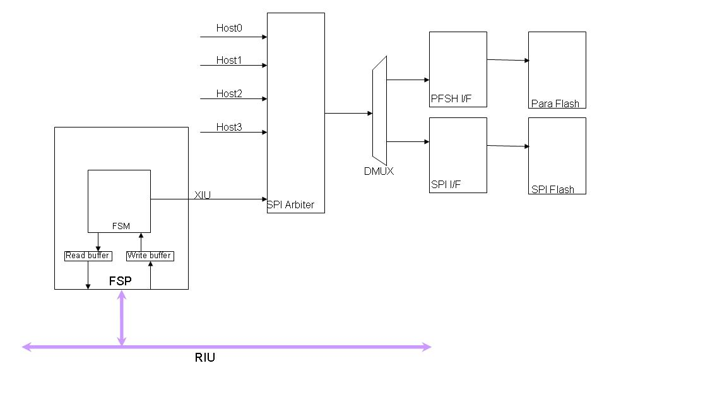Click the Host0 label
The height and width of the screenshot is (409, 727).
coord(229,28)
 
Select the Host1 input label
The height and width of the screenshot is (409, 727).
coord(229,61)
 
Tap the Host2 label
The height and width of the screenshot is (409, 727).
coord(229,94)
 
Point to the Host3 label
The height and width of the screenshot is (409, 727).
coord(229,127)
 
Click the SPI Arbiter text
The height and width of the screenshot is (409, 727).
coord(291,205)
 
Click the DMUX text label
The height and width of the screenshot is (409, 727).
coord(379,171)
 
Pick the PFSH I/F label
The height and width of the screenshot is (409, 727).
coord(451,99)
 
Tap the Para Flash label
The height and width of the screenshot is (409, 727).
coord(555,104)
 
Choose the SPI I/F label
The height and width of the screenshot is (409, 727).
coord(446,185)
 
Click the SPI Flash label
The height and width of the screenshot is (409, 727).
coord(553,189)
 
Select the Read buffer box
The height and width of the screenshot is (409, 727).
coord(88,256)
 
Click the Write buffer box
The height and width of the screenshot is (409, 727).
coord(150,256)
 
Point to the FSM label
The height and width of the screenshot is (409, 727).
coord(121,226)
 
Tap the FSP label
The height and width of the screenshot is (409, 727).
coord(121,281)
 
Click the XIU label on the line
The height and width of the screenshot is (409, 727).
coord(203,196)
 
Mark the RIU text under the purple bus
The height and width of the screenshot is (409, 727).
coord(204,359)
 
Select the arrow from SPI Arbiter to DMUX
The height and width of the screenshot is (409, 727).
coord(348,114)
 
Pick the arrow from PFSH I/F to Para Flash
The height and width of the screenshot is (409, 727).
coord(507,60)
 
